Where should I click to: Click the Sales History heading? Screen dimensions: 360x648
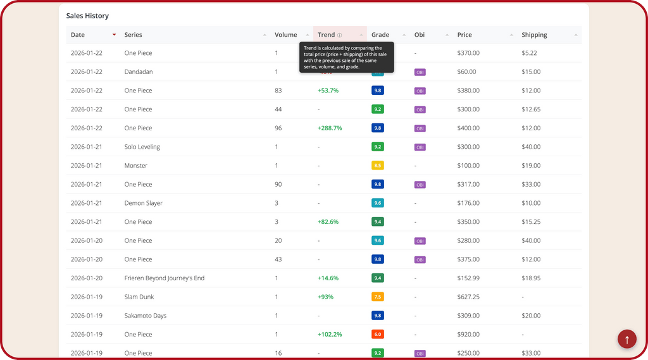pyautogui.click(x=87, y=16)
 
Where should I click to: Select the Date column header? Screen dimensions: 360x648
pyautogui.click(x=78, y=35)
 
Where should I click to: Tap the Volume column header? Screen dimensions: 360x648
pyautogui.click(x=286, y=35)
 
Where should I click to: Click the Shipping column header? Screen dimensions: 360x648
pyautogui.click(x=534, y=35)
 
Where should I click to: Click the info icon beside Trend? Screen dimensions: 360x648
pyautogui.click(x=340, y=35)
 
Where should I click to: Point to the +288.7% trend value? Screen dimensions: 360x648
pyautogui.click(x=330, y=128)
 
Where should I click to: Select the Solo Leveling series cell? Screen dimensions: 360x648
pyautogui.click(x=142, y=147)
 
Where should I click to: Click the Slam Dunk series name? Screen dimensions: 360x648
pyautogui.click(x=139, y=297)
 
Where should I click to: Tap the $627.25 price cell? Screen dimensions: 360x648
pyautogui.click(x=468, y=297)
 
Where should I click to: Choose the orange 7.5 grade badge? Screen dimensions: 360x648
pyautogui.click(x=378, y=297)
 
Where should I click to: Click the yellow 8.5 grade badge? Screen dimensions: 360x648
pyautogui.click(x=378, y=166)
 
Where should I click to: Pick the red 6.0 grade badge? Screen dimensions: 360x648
pyautogui.click(x=378, y=334)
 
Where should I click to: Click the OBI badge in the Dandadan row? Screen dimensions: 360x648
pyautogui.click(x=420, y=72)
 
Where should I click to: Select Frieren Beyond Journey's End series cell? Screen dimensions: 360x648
pyautogui.click(x=165, y=278)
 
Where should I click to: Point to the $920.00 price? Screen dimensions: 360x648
pyautogui.click(x=468, y=334)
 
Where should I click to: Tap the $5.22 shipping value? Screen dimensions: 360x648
pyautogui.click(x=529, y=53)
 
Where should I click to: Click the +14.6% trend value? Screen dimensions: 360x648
pyautogui.click(x=328, y=278)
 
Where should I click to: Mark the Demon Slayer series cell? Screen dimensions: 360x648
pyautogui.click(x=144, y=203)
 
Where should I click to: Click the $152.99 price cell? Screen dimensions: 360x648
pyautogui.click(x=468, y=278)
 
